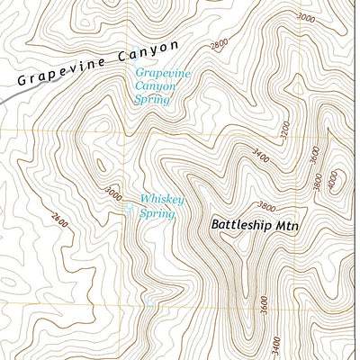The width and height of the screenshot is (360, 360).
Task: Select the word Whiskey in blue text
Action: (x=162, y=200)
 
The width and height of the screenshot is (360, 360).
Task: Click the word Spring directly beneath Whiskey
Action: (x=157, y=213)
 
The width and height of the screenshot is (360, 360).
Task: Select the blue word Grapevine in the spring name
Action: (x=162, y=73)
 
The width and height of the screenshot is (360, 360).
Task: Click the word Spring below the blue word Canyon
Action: (x=153, y=101)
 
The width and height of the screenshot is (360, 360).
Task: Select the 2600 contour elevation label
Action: (x=59, y=218)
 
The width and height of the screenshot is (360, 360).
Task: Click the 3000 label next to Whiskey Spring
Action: (x=112, y=193)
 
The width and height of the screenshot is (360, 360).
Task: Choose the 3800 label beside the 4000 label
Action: (x=318, y=181)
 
